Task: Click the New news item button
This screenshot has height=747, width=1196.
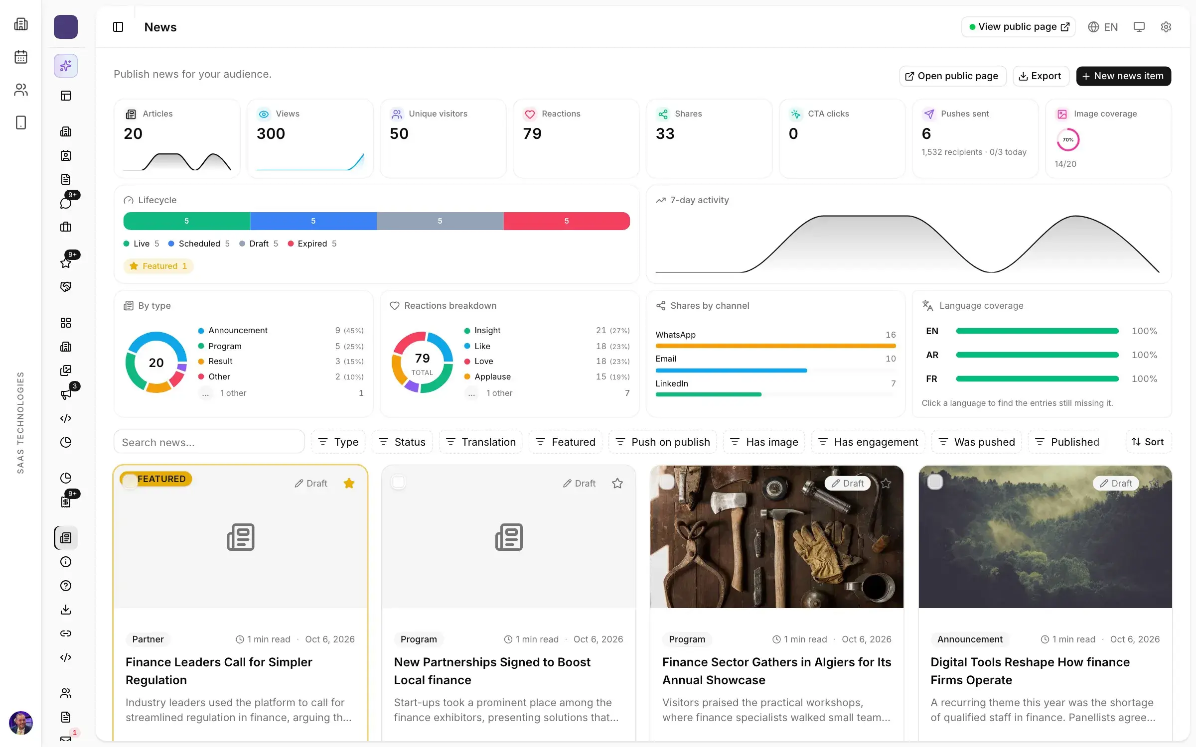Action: (1123, 76)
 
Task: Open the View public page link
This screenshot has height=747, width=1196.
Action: (1018, 27)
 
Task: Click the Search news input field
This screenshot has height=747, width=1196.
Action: (209, 442)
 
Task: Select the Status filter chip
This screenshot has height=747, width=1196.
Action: (402, 442)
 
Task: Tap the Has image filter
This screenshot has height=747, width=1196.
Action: (764, 442)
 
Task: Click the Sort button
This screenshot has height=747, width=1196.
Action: (1148, 442)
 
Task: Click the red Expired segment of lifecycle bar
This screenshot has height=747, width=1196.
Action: (567, 221)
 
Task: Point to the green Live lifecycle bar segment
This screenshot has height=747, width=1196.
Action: (187, 221)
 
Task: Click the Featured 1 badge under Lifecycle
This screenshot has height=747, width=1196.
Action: (158, 266)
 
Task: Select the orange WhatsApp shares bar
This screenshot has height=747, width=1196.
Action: (775, 346)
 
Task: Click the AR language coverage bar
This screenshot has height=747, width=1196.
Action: (1037, 355)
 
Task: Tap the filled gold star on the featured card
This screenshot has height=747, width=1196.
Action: (349, 483)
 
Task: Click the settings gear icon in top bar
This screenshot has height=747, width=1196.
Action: (1166, 27)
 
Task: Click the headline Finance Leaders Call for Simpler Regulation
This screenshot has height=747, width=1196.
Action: (219, 671)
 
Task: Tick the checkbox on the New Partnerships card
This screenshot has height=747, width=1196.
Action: (398, 482)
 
